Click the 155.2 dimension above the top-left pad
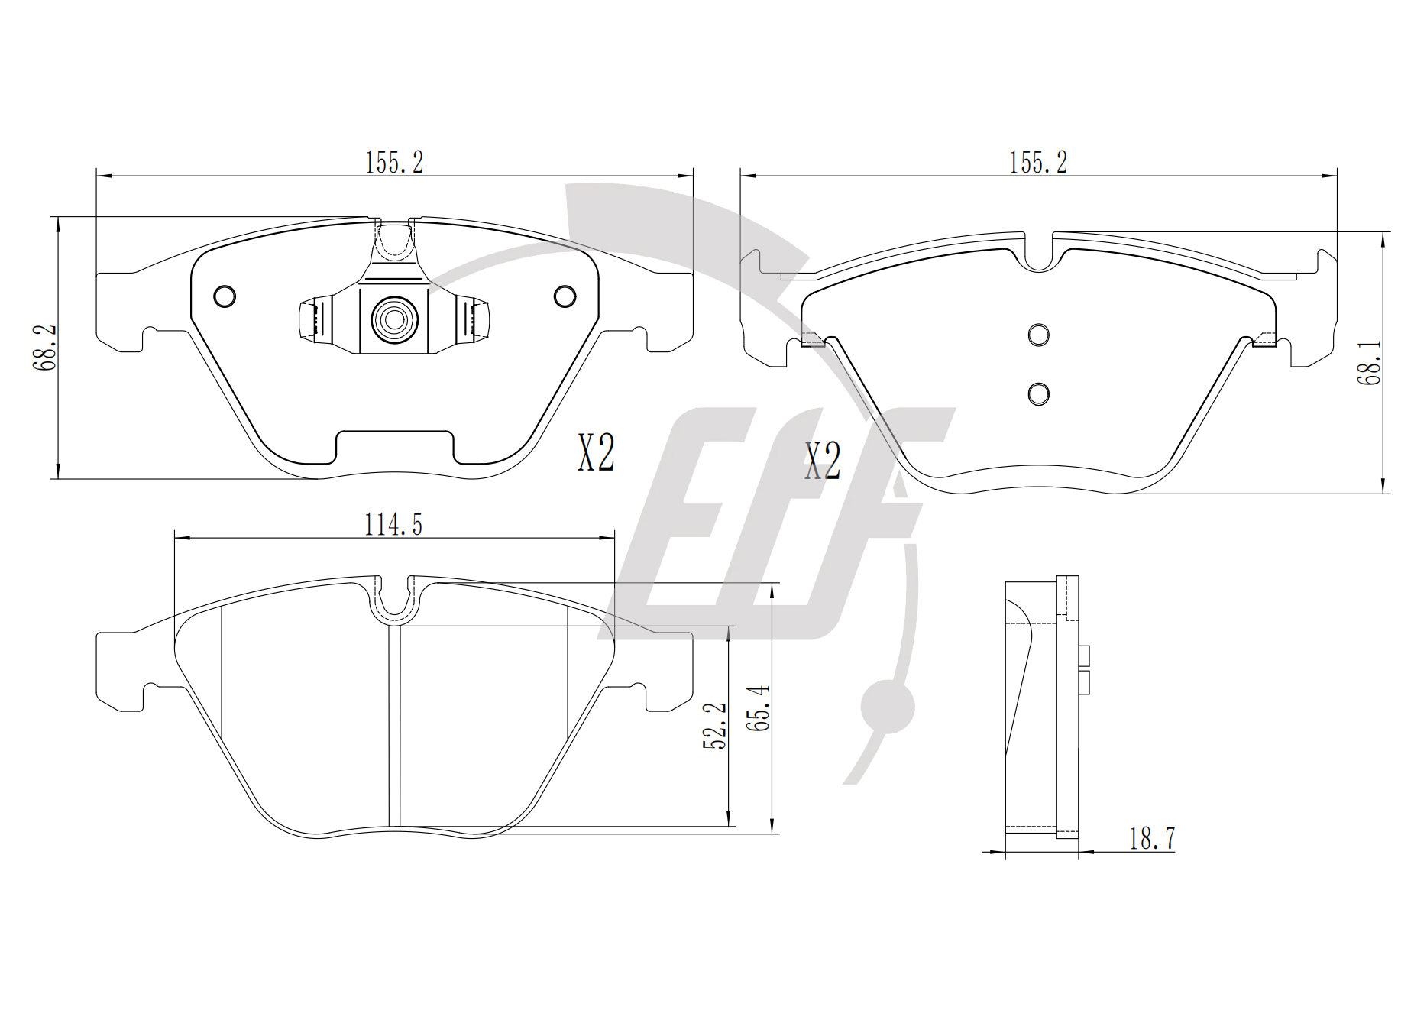point(394,162)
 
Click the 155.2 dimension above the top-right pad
point(1038,162)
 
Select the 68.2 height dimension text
point(45,348)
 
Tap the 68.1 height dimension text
point(1369,362)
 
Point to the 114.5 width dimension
point(393,525)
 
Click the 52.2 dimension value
point(715,726)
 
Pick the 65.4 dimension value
point(759,708)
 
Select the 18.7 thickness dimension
point(1152,838)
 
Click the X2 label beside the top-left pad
point(596,452)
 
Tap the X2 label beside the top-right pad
point(823,461)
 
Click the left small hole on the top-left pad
point(225,296)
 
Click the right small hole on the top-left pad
point(565,296)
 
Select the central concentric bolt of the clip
point(394,319)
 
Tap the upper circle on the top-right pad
point(1038,334)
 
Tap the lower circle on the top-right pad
point(1038,393)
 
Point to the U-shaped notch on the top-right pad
point(1038,251)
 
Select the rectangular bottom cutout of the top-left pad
point(395,447)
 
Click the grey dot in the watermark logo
point(888,707)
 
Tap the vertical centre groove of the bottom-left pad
point(394,726)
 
